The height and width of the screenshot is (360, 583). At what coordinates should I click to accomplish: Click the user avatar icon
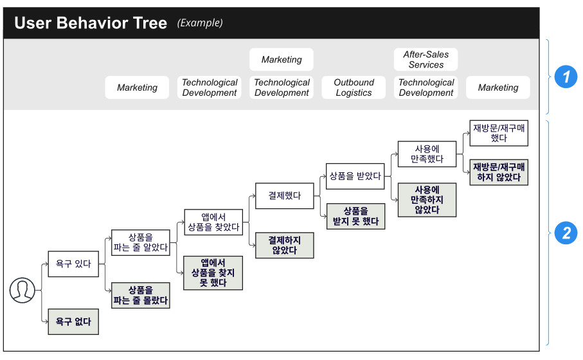pos(22,290)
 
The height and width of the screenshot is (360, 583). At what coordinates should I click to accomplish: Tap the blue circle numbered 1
pos(566,77)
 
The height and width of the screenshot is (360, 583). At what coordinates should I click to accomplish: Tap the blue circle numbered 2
pos(566,233)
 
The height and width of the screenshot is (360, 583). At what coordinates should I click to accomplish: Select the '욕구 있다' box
pos(73,264)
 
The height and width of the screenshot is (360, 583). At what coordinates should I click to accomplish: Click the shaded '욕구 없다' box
pos(73,321)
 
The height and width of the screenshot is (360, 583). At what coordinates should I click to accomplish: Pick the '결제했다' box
pos(285,195)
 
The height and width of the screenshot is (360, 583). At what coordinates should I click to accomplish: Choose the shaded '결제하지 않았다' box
pos(285,246)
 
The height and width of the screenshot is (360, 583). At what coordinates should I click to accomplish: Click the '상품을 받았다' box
pos(355,176)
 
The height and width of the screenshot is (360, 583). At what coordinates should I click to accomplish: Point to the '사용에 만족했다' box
pos(427,154)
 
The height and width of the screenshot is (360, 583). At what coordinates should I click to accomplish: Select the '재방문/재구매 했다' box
pos(499,133)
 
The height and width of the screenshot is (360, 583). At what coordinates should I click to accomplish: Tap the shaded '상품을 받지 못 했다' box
pos(355,217)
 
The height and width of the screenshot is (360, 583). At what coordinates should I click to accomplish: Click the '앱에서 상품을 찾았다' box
pos(213,222)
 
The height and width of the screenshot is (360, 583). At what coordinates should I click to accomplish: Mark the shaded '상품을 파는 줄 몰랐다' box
pos(141,296)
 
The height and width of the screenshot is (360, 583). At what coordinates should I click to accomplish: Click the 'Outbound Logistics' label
pos(354,87)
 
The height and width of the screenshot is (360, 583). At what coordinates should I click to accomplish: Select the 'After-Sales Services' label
pos(426,60)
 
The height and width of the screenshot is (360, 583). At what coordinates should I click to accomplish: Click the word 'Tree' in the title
pos(150,23)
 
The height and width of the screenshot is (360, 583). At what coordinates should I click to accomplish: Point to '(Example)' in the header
pos(200,23)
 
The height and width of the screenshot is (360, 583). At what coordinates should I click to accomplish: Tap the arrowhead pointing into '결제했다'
pos(253,195)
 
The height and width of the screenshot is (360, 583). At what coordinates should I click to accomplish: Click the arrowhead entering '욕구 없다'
pos(46,321)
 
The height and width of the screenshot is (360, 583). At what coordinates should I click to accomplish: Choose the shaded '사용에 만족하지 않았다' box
pos(427,200)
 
